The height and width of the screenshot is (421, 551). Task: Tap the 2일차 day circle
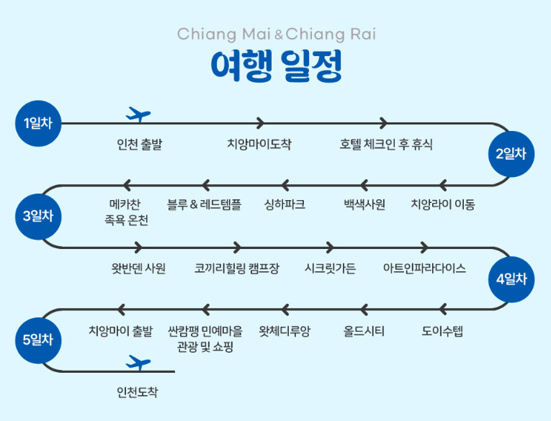point(511,154)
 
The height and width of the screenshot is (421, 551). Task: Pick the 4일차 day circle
point(511,279)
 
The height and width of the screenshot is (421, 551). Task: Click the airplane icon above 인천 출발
point(138,114)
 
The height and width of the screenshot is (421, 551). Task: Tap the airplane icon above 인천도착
point(138,362)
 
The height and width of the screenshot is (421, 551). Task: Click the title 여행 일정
point(276,67)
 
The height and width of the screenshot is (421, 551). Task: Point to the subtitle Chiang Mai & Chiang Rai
point(276,34)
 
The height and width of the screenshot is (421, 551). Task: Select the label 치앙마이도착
point(259,144)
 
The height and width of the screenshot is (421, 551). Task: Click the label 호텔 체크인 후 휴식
point(386,144)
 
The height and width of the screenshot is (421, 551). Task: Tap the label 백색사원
point(364,204)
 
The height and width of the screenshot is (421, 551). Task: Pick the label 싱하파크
point(285,204)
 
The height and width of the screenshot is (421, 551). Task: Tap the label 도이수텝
point(442,331)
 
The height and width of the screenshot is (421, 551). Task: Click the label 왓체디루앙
point(285,331)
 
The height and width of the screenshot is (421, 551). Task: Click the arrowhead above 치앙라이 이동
point(442,185)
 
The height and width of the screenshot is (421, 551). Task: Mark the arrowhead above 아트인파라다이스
point(424,248)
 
